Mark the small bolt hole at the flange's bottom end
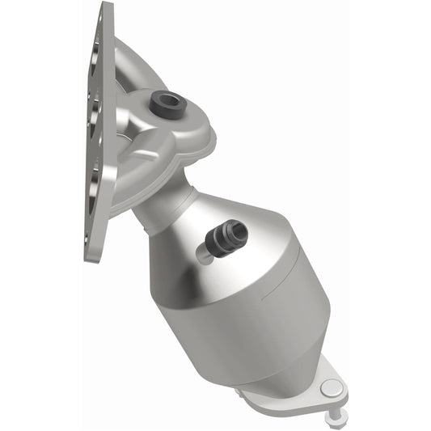click(x=91, y=239)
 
